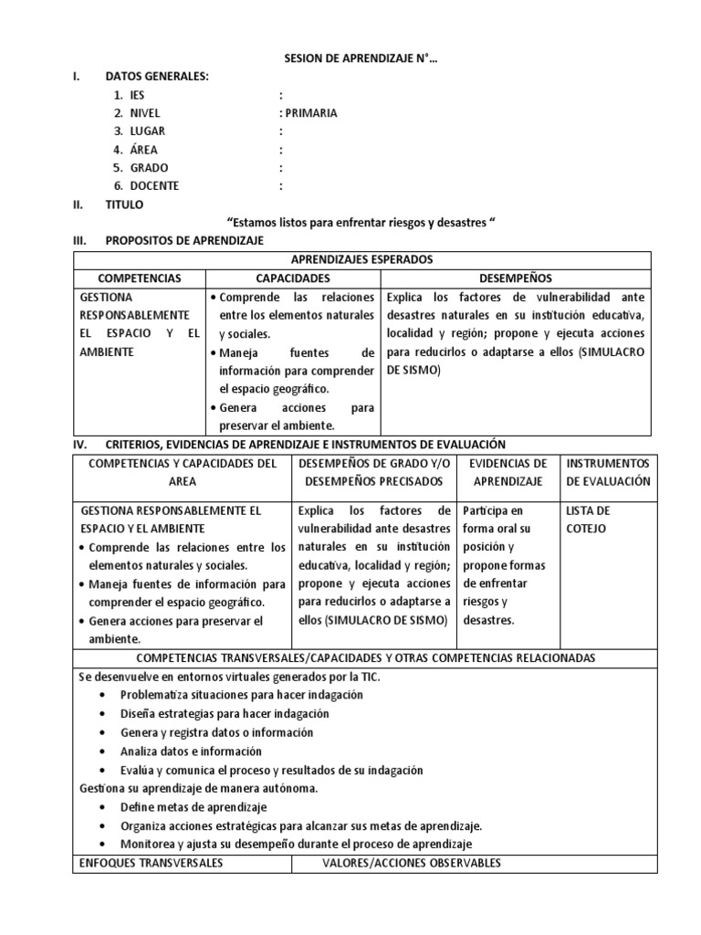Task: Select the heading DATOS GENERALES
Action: [x=157, y=77]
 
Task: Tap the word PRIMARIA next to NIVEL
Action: [x=309, y=113]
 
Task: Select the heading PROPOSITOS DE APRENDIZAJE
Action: [x=184, y=241]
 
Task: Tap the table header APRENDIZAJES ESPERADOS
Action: [x=362, y=260]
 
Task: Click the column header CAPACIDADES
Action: [x=292, y=278]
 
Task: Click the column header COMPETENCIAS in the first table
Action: [x=140, y=278]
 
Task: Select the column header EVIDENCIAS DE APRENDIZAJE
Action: [x=507, y=472]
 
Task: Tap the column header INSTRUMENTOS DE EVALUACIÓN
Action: [x=608, y=472]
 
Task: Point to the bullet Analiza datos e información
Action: [x=191, y=751]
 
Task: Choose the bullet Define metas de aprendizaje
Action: [x=193, y=807]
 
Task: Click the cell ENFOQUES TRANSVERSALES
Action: [x=152, y=863]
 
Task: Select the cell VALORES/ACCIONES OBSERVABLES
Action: [x=412, y=863]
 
